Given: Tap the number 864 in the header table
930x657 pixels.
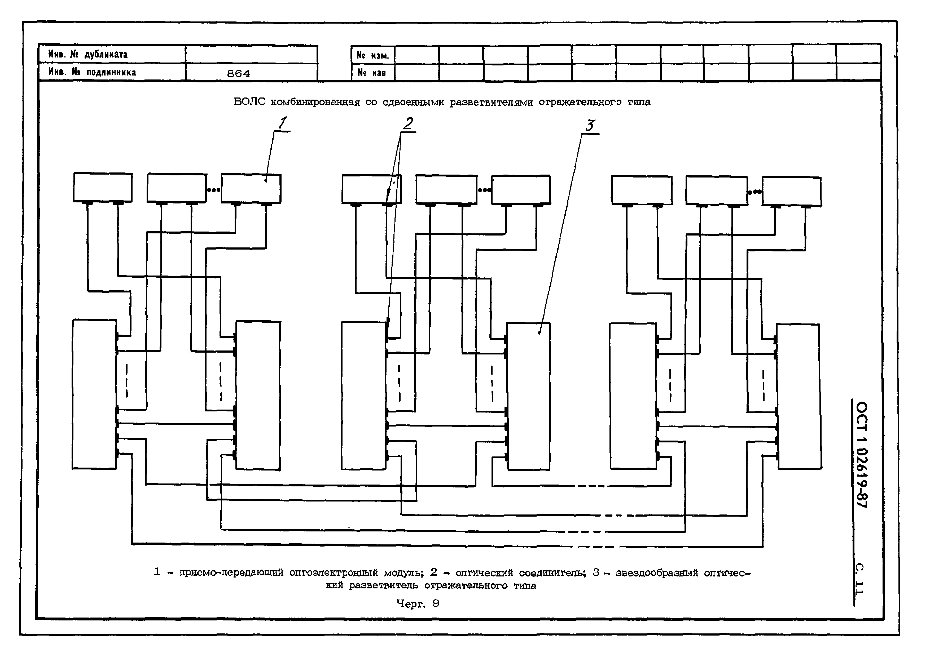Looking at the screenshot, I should (x=239, y=74).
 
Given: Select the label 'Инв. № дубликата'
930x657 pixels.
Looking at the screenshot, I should (x=88, y=54).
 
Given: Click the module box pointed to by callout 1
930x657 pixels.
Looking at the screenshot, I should (x=251, y=189).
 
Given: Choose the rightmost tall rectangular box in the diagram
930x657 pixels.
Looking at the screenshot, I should (x=799, y=397).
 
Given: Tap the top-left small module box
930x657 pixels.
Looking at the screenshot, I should (x=103, y=187).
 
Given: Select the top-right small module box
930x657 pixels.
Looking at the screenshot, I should (x=791, y=192).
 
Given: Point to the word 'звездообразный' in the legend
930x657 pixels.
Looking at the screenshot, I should (x=657, y=573).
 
